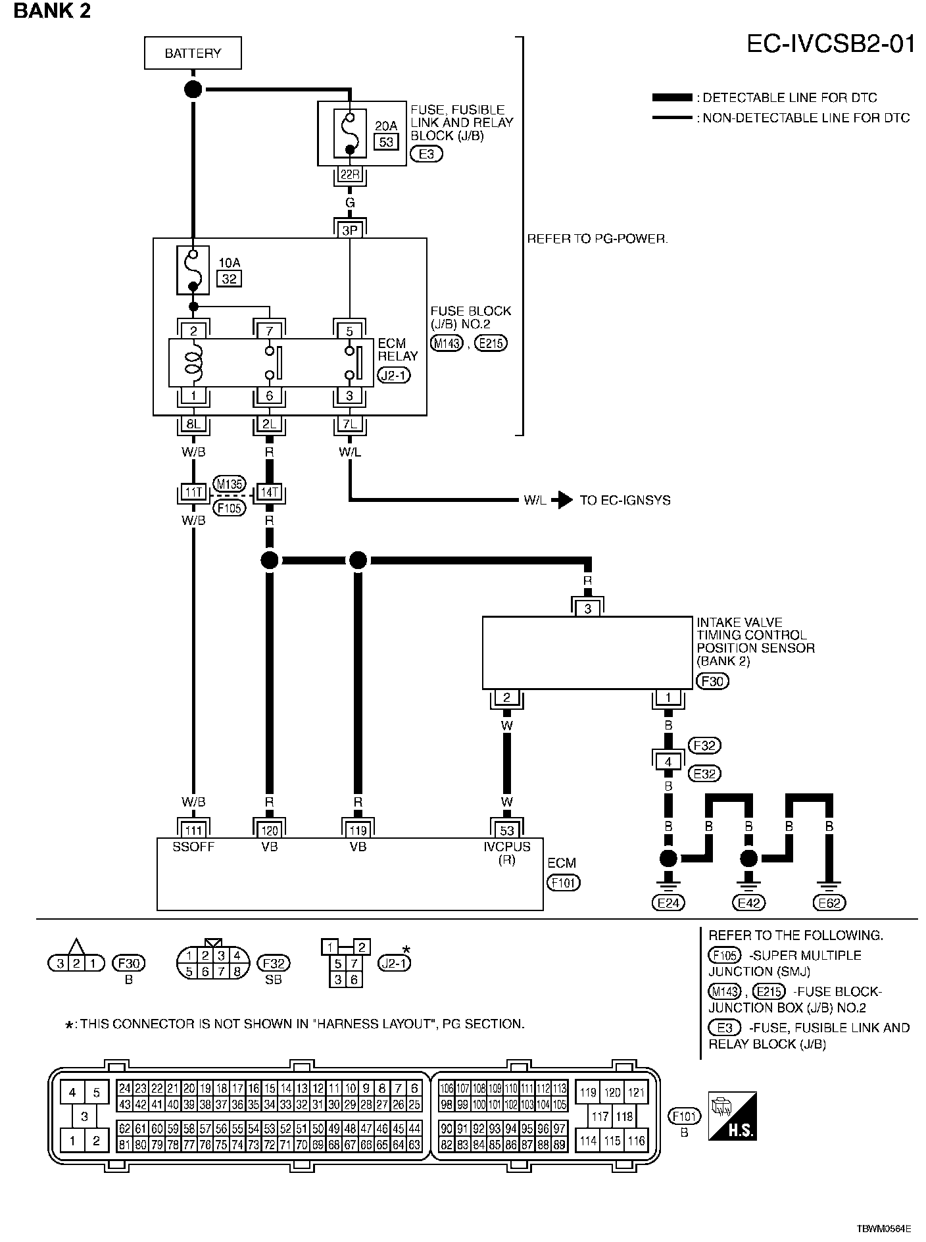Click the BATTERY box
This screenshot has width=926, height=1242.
(x=193, y=53)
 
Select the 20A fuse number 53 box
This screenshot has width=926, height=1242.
(x=386, y=141)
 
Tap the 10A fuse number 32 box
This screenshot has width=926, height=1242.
(x=228, y=279)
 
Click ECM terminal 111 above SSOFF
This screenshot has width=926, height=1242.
(x=193, y=830)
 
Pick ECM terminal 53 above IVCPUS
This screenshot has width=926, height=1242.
(x=506, y=830)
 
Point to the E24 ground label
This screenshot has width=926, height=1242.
(x=668, y=903)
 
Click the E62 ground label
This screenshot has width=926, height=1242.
(x=829, y=903)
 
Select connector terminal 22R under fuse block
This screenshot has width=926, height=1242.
(x=350, y=174)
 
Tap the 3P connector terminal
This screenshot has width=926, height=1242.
(x=350, y=230)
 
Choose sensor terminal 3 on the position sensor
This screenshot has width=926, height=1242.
(x=587, y=609)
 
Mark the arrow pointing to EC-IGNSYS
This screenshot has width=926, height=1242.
(x=562, y=501)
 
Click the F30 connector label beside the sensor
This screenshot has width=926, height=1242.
(x=712, y=682)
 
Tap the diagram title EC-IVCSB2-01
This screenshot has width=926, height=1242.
(x=831, y=44)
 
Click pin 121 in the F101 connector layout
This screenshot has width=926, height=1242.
(x=636, y=1093)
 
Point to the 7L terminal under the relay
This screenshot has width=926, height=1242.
(x=350, y=424)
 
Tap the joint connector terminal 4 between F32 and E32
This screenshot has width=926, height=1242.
(x=668, y=762)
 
